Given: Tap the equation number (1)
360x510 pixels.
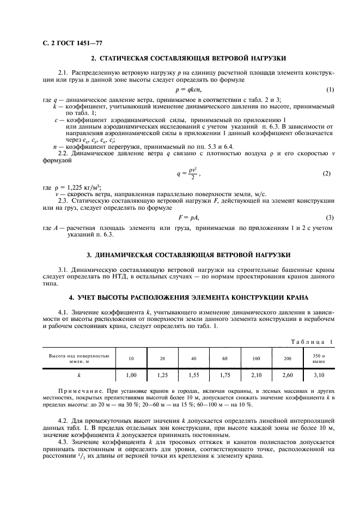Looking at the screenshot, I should [330, 89].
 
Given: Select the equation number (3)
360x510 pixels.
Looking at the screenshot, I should [330, 218].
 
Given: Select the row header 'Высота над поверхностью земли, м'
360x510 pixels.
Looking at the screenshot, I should [79, 359].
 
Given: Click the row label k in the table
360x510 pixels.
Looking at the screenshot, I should [79, 375].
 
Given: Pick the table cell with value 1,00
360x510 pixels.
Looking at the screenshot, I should [131, 375].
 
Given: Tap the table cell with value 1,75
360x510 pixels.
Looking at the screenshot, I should [225, 375].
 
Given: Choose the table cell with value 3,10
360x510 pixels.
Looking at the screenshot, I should [319, 375].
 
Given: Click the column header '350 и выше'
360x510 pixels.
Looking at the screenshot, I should [319, 359].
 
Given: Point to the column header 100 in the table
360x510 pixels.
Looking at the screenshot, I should [256, 359].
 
